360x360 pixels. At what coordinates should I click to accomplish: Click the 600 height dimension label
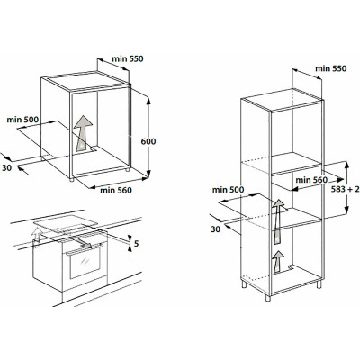click(148, 141)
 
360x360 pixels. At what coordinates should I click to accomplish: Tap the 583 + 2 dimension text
click(346, 189)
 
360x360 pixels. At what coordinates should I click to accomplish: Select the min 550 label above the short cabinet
click(128, 58)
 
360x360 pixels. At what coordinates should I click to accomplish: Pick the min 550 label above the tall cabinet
click(330, 68)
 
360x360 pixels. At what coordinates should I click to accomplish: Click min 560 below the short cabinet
click(116, 190)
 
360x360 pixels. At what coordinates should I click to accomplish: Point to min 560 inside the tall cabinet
click(311, 180)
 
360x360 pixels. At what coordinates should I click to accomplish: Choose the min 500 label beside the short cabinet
click(22, 120)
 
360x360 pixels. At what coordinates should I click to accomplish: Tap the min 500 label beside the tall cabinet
click(228, 190)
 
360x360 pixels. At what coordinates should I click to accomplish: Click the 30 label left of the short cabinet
click(6, 168)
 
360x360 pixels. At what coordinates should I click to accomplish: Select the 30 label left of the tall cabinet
click(215, 229)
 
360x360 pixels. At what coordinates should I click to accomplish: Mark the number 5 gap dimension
click(137, 244)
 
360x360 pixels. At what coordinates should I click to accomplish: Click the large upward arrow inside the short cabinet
click(83, 133)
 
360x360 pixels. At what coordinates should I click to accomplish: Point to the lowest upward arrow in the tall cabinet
click(279, 262)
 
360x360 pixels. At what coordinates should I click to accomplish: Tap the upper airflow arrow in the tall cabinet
click(279, 221)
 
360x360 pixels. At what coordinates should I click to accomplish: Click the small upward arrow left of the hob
click(37, 234)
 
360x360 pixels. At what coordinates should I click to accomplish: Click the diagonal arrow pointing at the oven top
click(81, 242)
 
